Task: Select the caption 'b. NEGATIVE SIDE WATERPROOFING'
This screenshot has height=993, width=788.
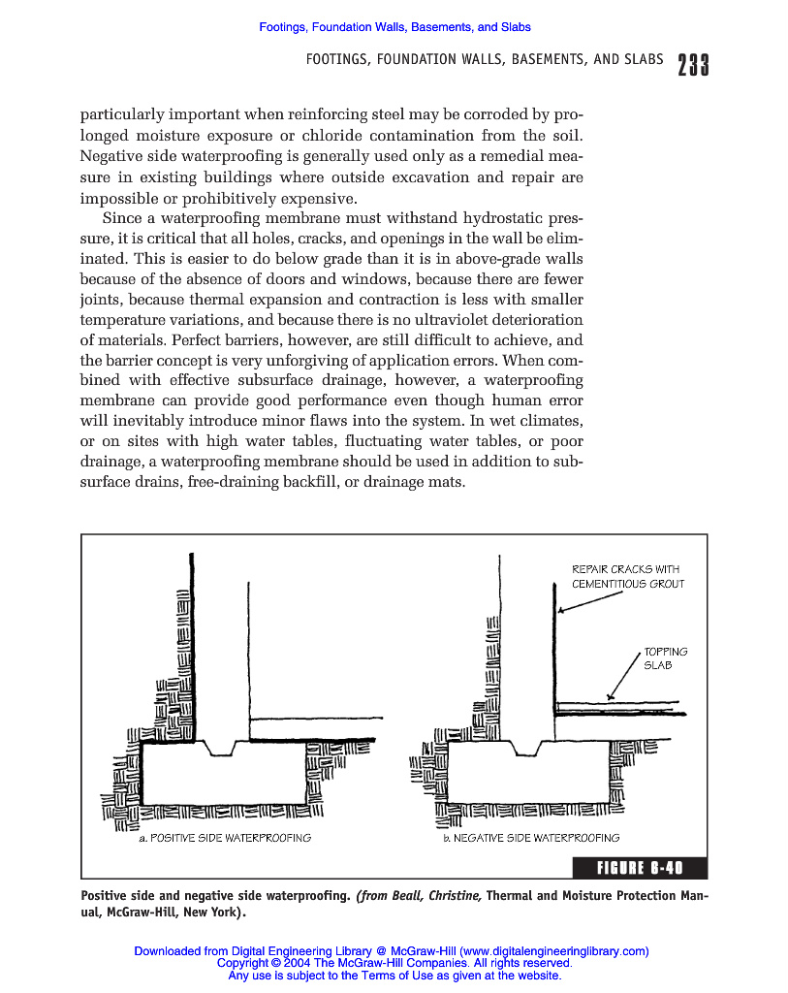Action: tap(531, 838)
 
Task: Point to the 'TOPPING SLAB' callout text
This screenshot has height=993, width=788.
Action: tap(665, 658)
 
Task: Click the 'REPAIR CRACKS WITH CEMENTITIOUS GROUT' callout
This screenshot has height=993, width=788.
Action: tap(627, 576)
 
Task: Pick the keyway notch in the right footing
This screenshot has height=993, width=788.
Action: tap(524, 747)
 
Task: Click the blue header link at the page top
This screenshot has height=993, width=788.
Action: tap(394, 27)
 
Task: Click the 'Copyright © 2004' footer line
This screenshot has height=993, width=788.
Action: tap(394, 963)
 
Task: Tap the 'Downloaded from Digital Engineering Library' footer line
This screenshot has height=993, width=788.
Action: tap(392, 950)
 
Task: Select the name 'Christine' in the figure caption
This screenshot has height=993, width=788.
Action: tap(450, 895)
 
